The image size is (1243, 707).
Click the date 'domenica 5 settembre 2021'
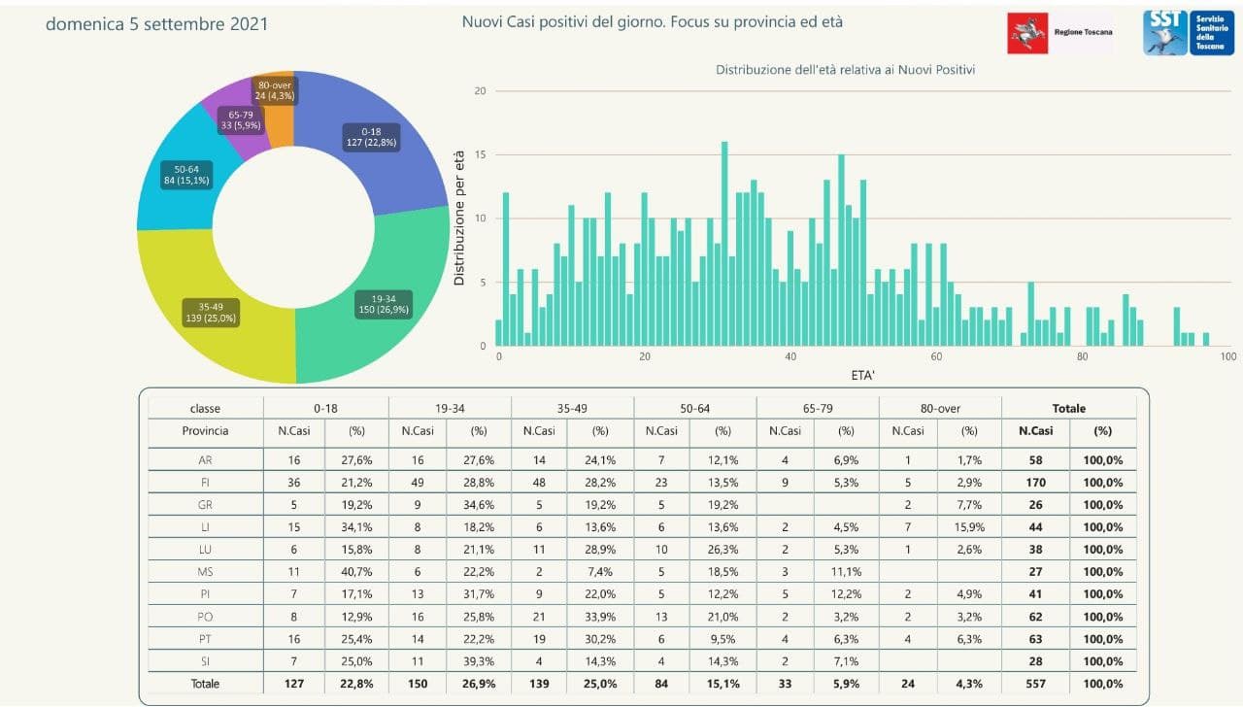(157, 23)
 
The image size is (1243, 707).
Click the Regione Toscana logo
(1060, 33)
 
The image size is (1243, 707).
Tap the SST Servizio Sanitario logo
(1188, 33)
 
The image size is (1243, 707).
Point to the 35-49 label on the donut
(210, 312)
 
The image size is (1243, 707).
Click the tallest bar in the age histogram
(724, 244)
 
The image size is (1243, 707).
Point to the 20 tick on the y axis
(479, 91)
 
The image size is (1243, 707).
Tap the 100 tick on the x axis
(1227, 356)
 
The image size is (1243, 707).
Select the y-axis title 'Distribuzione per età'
(459, 218)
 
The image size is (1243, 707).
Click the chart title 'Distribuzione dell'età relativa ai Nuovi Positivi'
(845, 70)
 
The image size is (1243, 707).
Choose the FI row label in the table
(206, 482)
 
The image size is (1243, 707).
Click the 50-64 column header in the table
(694, 409)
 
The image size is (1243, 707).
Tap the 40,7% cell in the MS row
(355, 572)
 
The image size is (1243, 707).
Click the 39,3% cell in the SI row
(478, 661)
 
